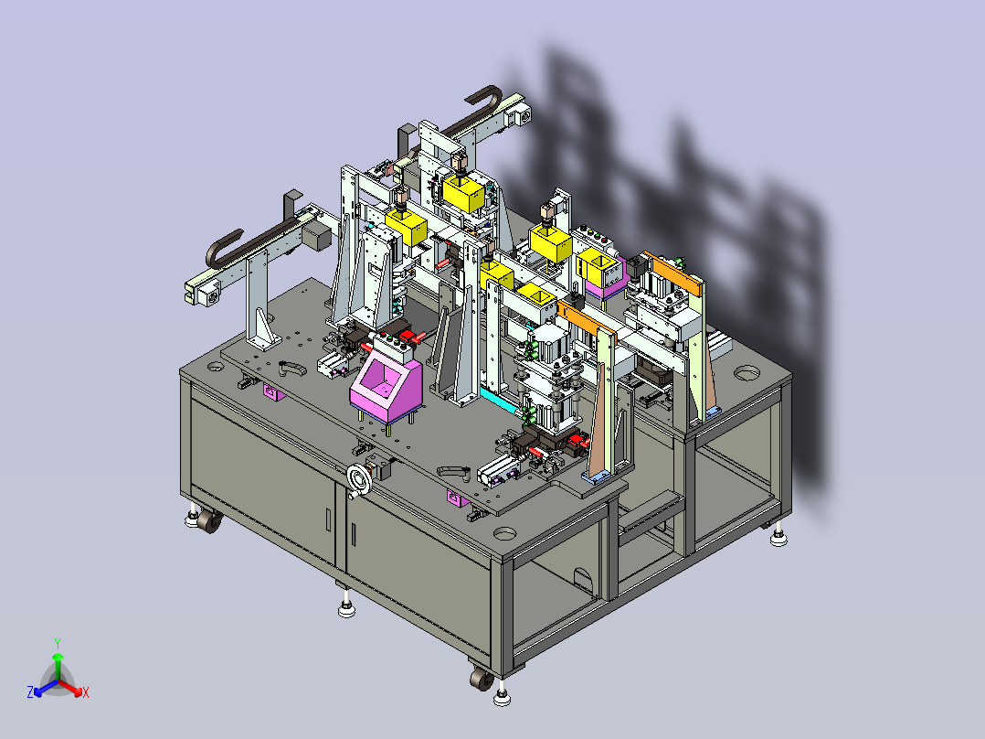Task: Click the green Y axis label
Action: click(58, 643)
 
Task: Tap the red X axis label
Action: click(86, 692)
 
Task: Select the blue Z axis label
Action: click(30, 691)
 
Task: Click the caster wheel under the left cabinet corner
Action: click(209, 521)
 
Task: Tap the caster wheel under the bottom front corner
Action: click(482, 680)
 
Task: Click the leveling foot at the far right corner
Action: click(778, 537)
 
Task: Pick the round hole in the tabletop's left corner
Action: click(215, 366)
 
